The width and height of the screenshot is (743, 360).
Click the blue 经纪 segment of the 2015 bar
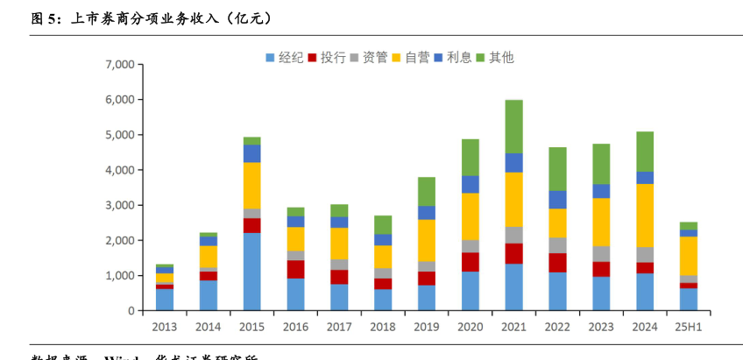tap(251, 272)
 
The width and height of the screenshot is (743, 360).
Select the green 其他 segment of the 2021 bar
tap(513, 126)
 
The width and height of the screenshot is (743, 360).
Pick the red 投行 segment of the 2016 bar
tap(295, 269)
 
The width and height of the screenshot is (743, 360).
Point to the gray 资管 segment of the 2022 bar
tap(557, 245)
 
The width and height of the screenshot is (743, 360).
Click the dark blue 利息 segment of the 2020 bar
tap(470, 184)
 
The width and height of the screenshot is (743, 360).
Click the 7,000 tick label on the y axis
tap(118, 65)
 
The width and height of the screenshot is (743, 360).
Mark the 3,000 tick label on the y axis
tap(118, 205)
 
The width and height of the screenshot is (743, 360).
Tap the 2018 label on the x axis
tap(383, 326)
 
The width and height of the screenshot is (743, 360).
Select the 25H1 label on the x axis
tap(689, 326)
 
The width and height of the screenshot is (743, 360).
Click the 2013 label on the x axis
tap(164, 326)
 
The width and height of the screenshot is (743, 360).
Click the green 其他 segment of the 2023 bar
tap(601, 164)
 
